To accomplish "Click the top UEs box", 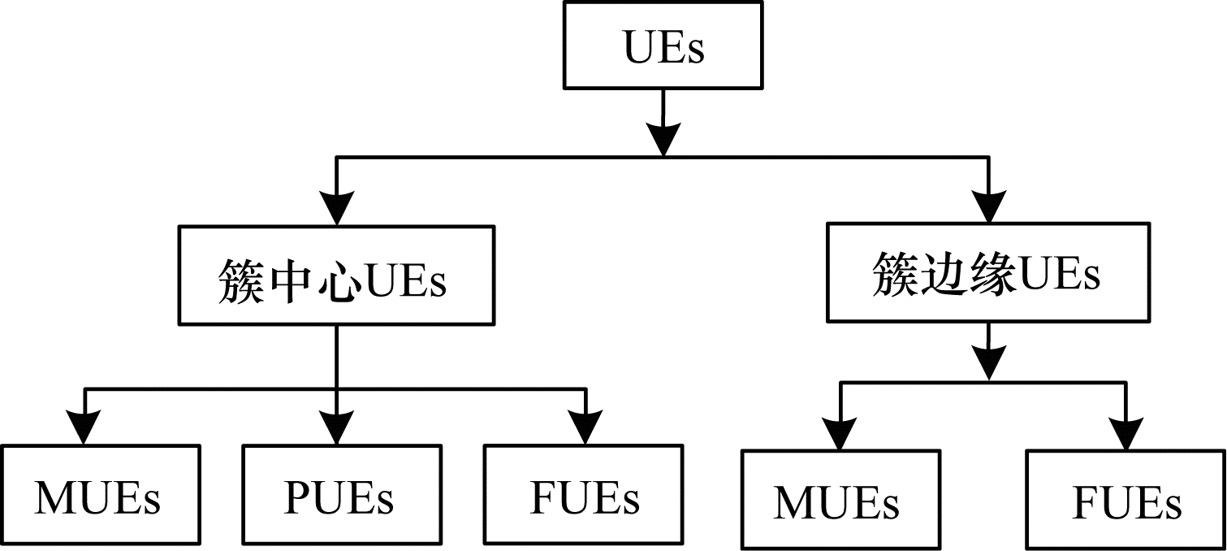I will tap(663, 45).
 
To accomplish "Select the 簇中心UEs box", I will tap(336, 276).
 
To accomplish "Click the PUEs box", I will tap(341, 496).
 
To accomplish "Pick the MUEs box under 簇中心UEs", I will tap(100, 496).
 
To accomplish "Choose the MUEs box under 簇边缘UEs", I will tap(840, 501).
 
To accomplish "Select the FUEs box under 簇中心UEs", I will tap(583, 496).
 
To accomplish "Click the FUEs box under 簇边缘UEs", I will tap(1125, 501).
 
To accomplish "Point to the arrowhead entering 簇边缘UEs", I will tap(988, 208).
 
